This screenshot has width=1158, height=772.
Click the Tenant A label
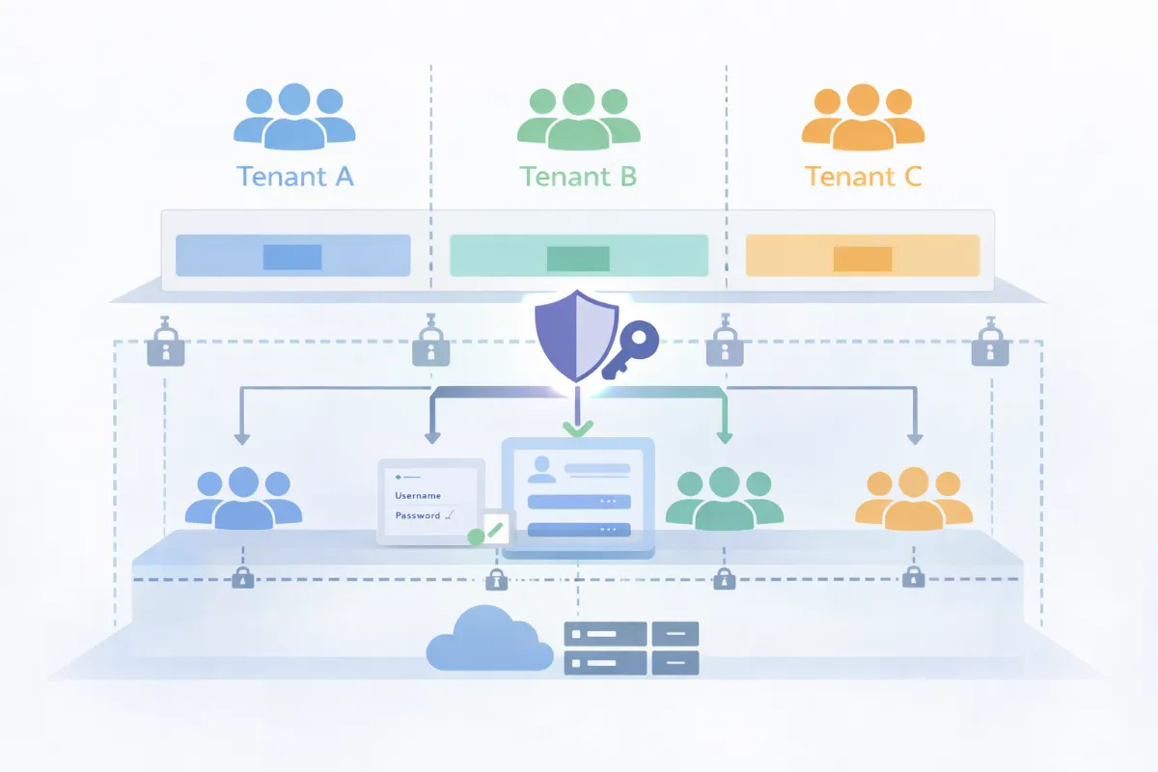(x=294, y=177)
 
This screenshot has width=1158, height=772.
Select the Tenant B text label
(x=578, y=177)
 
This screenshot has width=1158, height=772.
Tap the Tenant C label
(x=863, y=177)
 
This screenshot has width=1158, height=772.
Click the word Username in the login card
(x=418, y=496)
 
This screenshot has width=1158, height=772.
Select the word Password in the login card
(x=418, y=516)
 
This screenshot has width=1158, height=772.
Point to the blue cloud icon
(x=489, y=640)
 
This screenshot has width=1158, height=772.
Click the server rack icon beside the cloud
(x=631, y=648)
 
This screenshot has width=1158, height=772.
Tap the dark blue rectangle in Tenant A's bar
(x=292, y=257)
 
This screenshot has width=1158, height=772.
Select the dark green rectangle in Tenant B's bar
(x=578, y=258)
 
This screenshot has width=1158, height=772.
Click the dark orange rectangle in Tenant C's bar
(x=863, y=258)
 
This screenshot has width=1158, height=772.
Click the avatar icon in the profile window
(x=541, y=470)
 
